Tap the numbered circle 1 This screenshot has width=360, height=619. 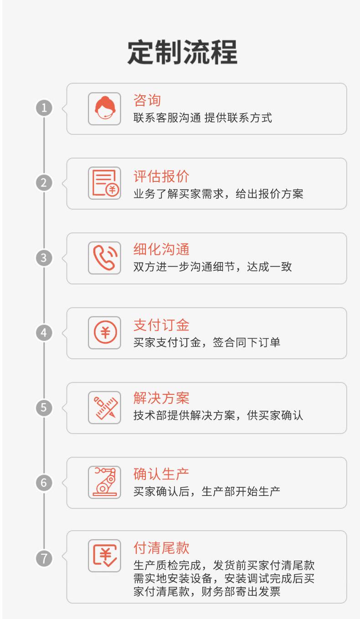point(44,108)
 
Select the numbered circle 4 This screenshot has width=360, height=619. point(44,333)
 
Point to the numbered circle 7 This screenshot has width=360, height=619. point(44,558)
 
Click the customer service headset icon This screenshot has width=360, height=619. point(104,108)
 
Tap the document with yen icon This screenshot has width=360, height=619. point(104,183)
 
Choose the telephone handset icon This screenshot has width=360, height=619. point(104,258)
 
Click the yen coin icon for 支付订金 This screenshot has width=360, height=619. point(104,333)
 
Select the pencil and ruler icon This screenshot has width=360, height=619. point(104,408)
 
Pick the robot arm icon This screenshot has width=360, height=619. point(104,482)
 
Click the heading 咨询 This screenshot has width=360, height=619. point(147,100)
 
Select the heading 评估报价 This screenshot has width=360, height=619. point(161,176)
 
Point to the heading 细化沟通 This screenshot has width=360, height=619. point(161,249)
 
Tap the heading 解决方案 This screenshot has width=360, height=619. point(161,398)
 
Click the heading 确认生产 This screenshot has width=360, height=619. point(161,474)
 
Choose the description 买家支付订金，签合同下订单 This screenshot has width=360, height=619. point(206,342)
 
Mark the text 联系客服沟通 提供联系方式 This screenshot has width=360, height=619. point(202,118)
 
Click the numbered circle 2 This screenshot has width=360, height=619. point(44,183)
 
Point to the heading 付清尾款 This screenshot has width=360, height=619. point(161,547)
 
